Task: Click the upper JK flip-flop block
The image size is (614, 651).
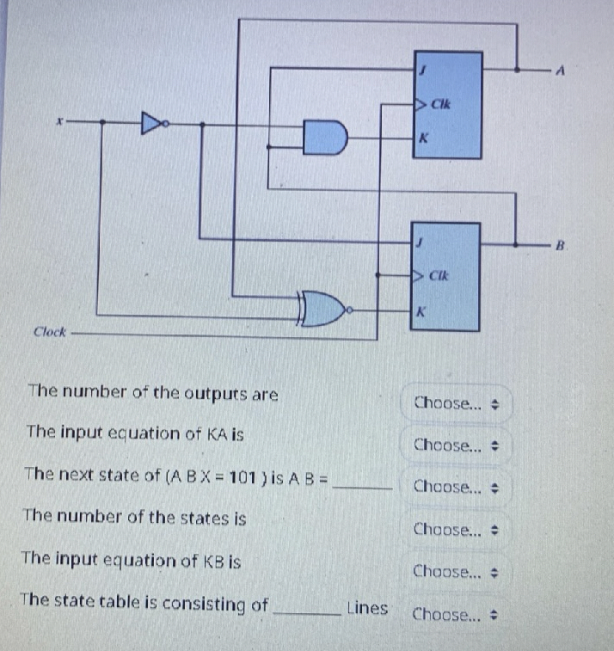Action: (447, 106)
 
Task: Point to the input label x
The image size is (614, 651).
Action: (58, 122)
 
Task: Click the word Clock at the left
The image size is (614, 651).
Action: (50, 332)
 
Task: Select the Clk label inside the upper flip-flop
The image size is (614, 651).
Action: (441, 105)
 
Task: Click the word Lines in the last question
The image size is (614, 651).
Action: (366, 609)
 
